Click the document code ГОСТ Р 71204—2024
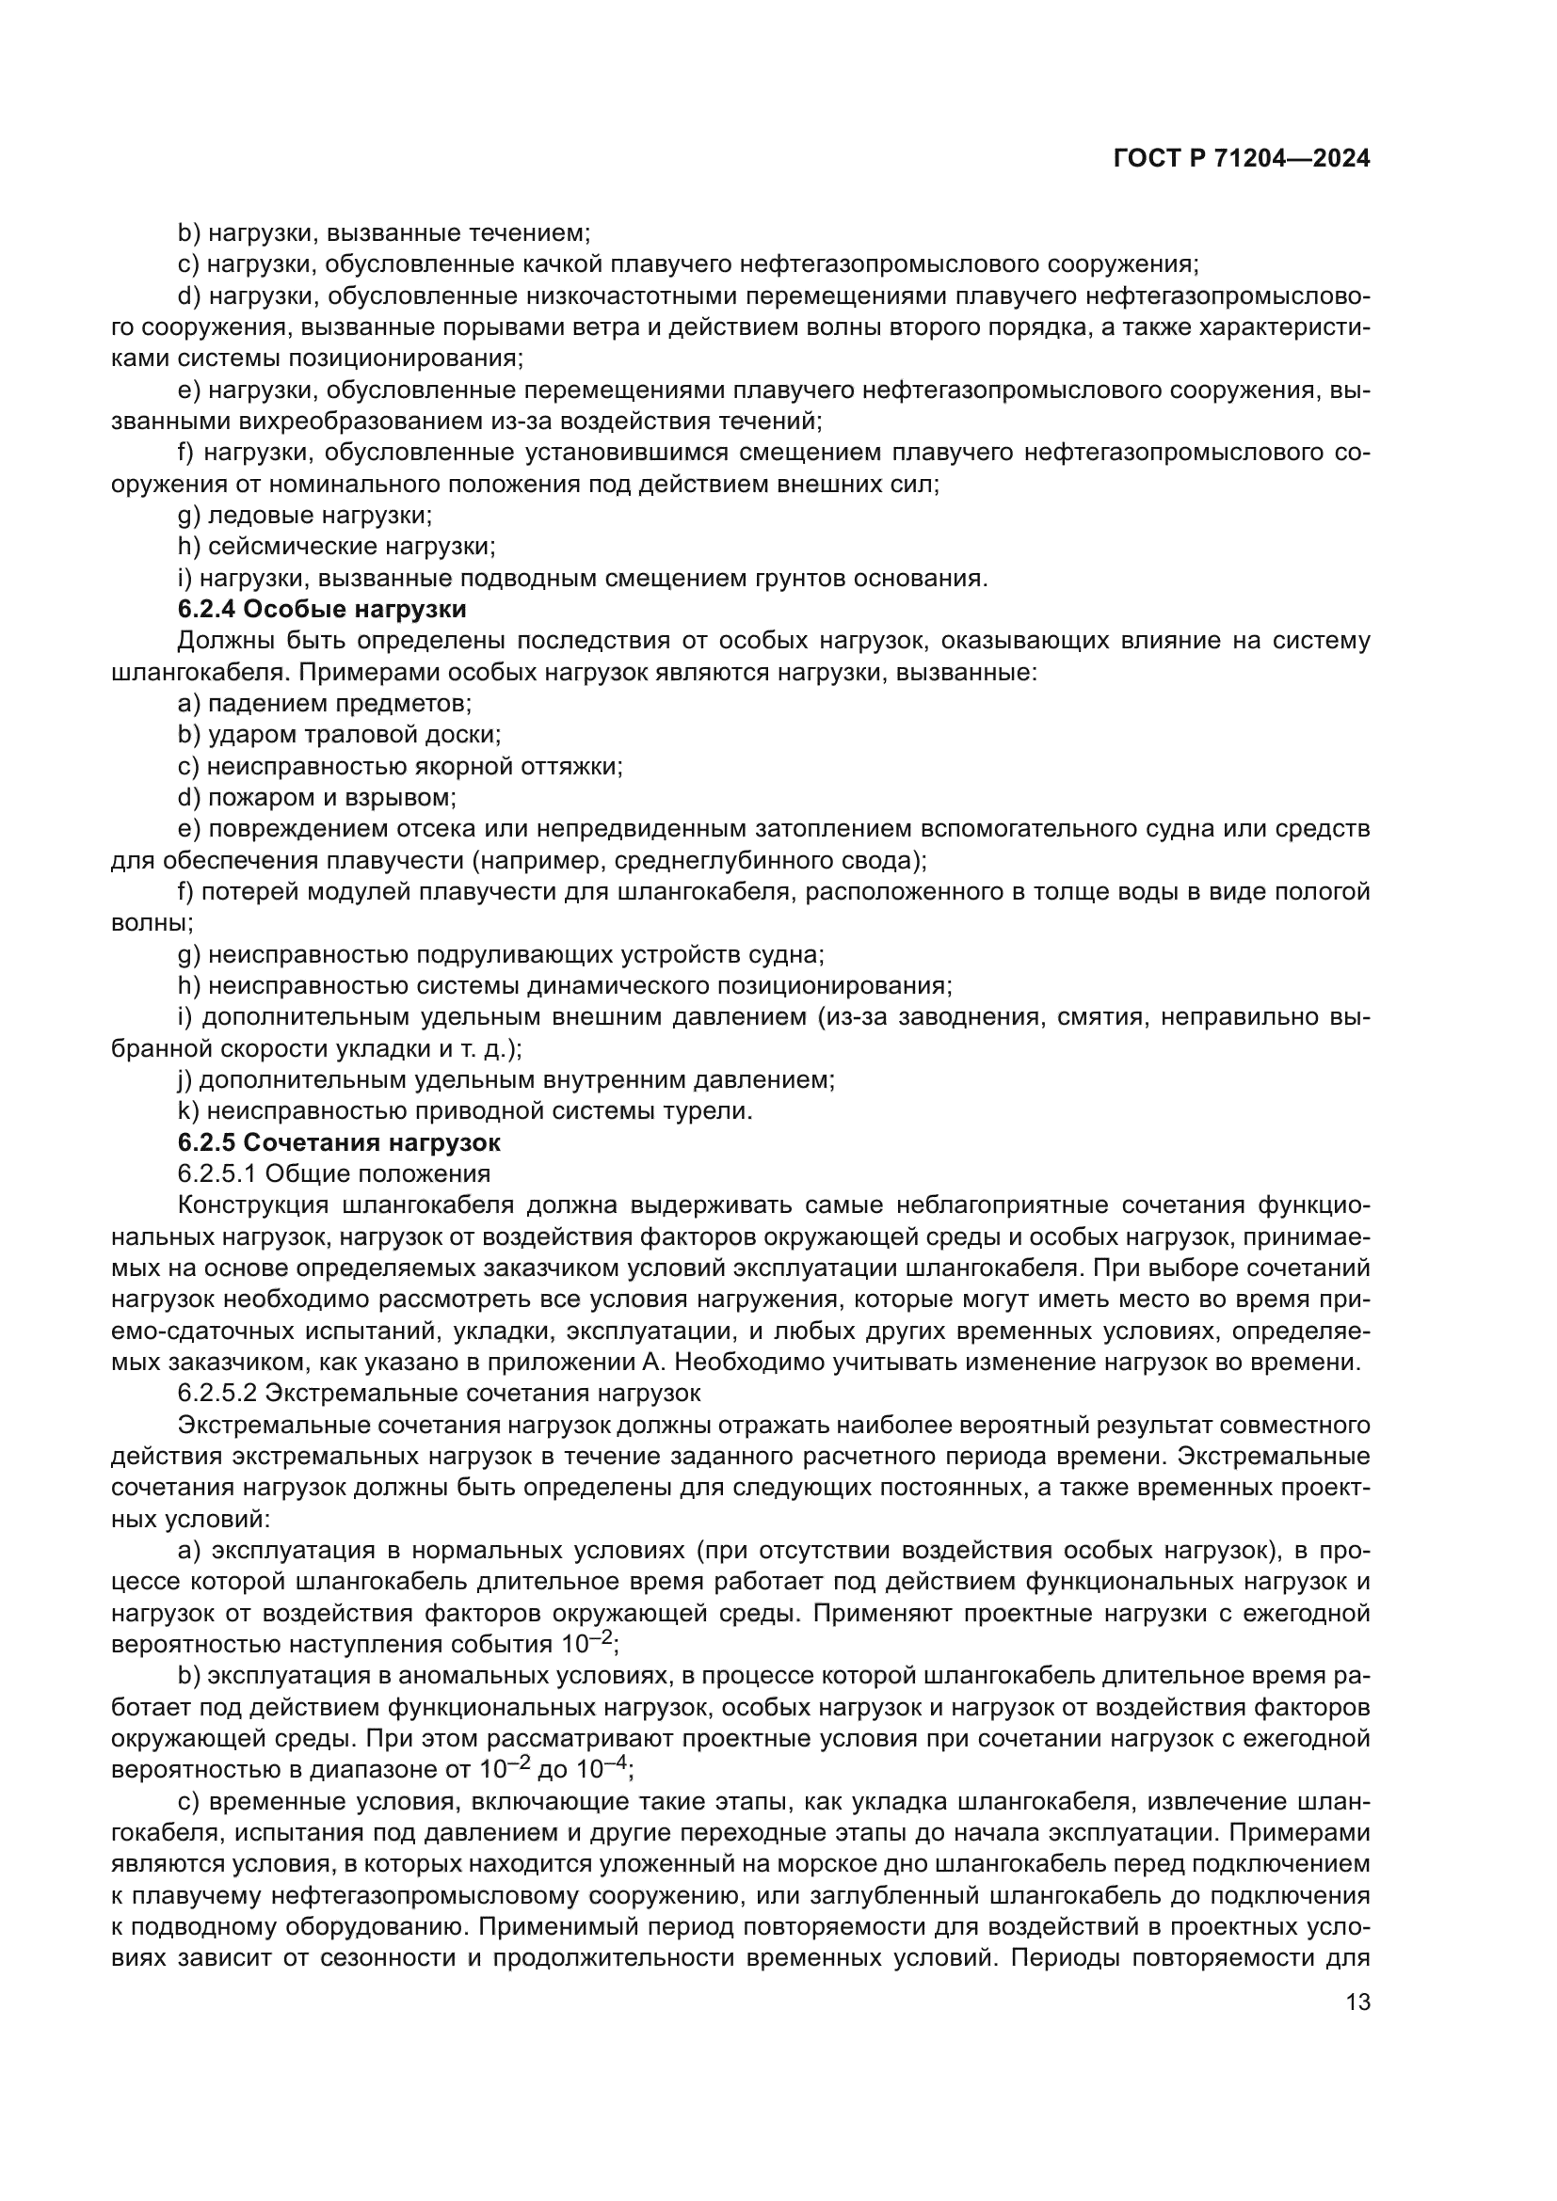tap(1242, 159)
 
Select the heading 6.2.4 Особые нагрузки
tap(322, 610)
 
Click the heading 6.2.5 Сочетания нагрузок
tap(340, 1142)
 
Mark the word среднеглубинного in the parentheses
tap(729, 861)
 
